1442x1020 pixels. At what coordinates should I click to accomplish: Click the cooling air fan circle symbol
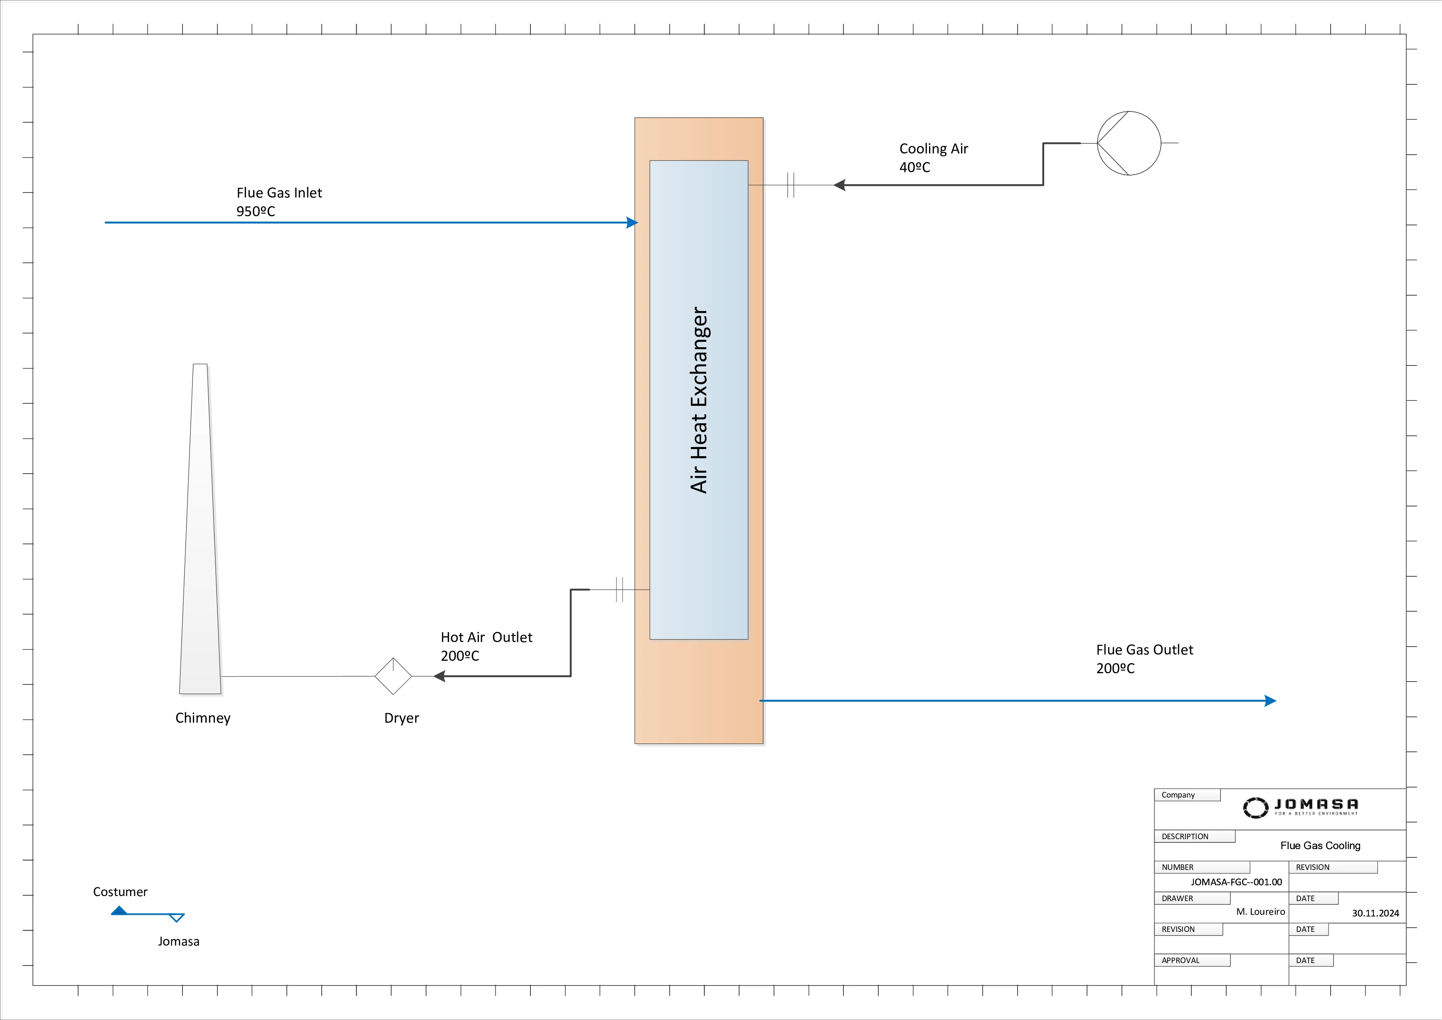pos(1129,143)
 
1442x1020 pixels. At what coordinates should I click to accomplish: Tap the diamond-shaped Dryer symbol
pos(393,677)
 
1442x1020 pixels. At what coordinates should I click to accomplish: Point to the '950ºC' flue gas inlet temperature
pos(256,212)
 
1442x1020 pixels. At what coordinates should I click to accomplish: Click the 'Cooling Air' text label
pos(933,149)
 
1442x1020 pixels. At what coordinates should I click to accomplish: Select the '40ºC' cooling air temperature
pos(914,168)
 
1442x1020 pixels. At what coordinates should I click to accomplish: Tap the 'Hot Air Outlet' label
pos(486,637)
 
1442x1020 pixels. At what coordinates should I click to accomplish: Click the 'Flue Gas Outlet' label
pos(1144,650)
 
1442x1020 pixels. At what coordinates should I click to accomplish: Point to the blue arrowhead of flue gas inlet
pos(632,222)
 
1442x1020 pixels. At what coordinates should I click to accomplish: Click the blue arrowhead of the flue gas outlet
pos(1270,701)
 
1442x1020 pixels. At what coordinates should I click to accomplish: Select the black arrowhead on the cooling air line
pos(839,185)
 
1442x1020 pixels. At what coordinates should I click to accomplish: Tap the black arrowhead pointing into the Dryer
pos(440,677)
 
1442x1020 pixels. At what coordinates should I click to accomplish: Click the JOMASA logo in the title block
pos(1300,808)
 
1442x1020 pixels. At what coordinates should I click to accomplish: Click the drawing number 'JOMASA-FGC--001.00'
pos(1236,882)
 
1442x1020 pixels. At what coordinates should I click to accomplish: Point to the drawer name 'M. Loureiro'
pos(1260,912)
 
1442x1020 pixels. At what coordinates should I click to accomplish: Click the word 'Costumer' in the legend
pos(120,892)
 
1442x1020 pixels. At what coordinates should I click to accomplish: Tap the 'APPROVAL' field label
pos(1180,961)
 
